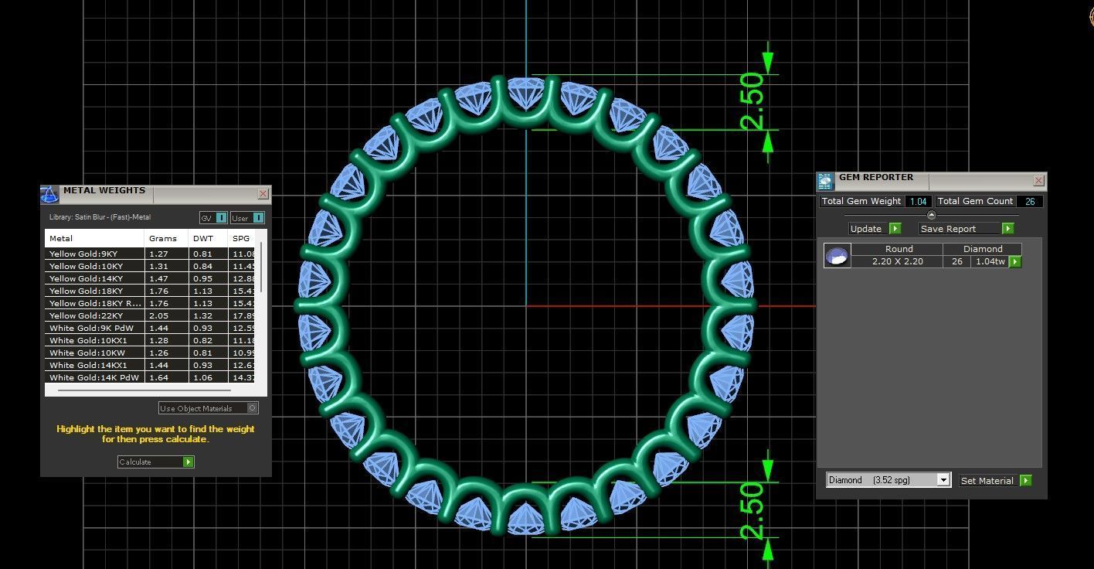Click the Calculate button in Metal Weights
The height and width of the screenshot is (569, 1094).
tap(155, 462)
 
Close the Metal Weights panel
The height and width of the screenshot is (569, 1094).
tap(263, 193)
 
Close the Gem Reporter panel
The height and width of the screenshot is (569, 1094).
tap(1038, 180)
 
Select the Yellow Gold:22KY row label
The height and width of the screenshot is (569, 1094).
tap(86, 315)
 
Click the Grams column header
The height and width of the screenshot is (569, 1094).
tap(163, 238)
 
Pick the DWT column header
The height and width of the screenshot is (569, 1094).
tap(202, 238)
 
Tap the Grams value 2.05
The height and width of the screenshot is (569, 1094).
tap(158, 315)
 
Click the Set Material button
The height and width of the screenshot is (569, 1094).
tap(995, 480)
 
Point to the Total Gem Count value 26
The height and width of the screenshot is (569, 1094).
tap(1030, 201)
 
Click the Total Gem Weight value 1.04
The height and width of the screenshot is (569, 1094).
tap(918, 201)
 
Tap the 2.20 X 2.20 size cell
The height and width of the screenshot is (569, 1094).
tap(897, 261)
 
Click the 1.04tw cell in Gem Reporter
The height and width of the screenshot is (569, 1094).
tap(990, 261)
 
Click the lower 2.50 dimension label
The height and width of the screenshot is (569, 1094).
tap(751, 510)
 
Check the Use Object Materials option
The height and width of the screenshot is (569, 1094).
tap(252, 408)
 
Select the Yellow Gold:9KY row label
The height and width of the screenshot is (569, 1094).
tap(83, 254)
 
